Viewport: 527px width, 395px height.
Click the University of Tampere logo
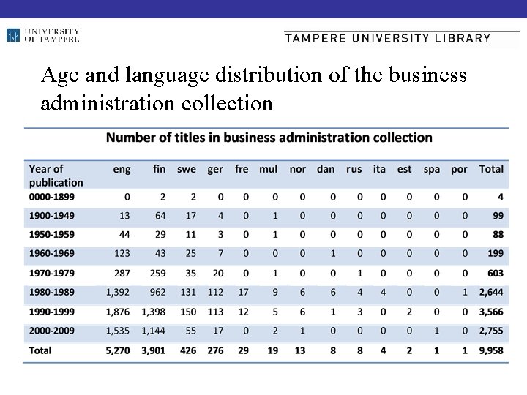(42, 35)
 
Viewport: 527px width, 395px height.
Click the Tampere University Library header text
(387, 39)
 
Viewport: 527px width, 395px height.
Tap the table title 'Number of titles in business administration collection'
(269, 138)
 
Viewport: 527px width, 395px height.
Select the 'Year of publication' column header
(56, 176)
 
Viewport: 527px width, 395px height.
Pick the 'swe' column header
(187, 169)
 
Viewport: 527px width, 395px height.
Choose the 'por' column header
(459, 169)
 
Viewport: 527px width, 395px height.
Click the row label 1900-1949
(56, 217)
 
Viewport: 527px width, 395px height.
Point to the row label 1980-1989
(56, 291)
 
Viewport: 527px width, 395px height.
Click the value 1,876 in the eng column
(116, 311)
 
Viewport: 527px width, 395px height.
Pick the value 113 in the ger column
(214, 311)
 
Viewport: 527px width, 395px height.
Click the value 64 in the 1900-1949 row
(159, 217)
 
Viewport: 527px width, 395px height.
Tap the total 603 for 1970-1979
(494, 271)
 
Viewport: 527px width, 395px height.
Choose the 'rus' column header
(354, 169)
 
